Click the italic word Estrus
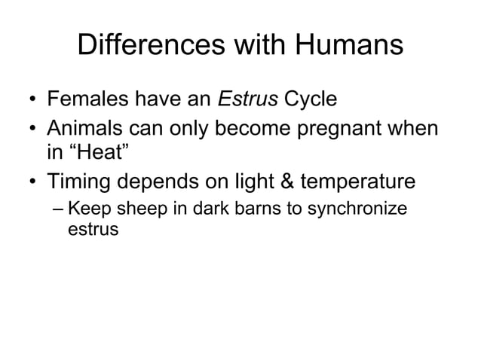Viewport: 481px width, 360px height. (x=243, y=99)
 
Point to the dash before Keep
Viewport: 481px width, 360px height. (x=58, y=209)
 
